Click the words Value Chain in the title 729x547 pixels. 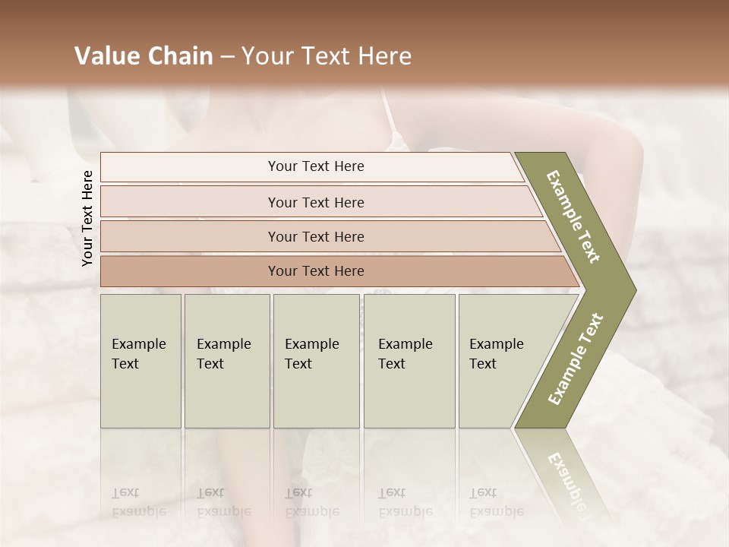pos(144,56)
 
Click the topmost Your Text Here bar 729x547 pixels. pos(315,166)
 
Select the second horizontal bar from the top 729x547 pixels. pos(315,202)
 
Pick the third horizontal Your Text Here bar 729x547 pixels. pos(315,236)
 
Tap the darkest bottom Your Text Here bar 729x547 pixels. pos(315,271)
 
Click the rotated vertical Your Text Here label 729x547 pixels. pos(88,218)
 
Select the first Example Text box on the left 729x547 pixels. pos(140,360)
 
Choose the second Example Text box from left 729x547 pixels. pos(226,360)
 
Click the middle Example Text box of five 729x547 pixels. pos(315,360)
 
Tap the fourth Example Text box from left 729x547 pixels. pos(409,360)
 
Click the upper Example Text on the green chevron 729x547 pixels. pos(573,217)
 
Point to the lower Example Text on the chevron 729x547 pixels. pos(575,359)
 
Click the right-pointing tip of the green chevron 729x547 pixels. pos(633,290)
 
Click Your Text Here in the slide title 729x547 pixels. pos(327,56)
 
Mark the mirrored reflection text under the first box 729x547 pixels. pos(138,501)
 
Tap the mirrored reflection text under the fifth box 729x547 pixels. pos(496,501)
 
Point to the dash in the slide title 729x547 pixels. pos(226,57)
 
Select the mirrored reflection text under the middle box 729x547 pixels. pos(311,501)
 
